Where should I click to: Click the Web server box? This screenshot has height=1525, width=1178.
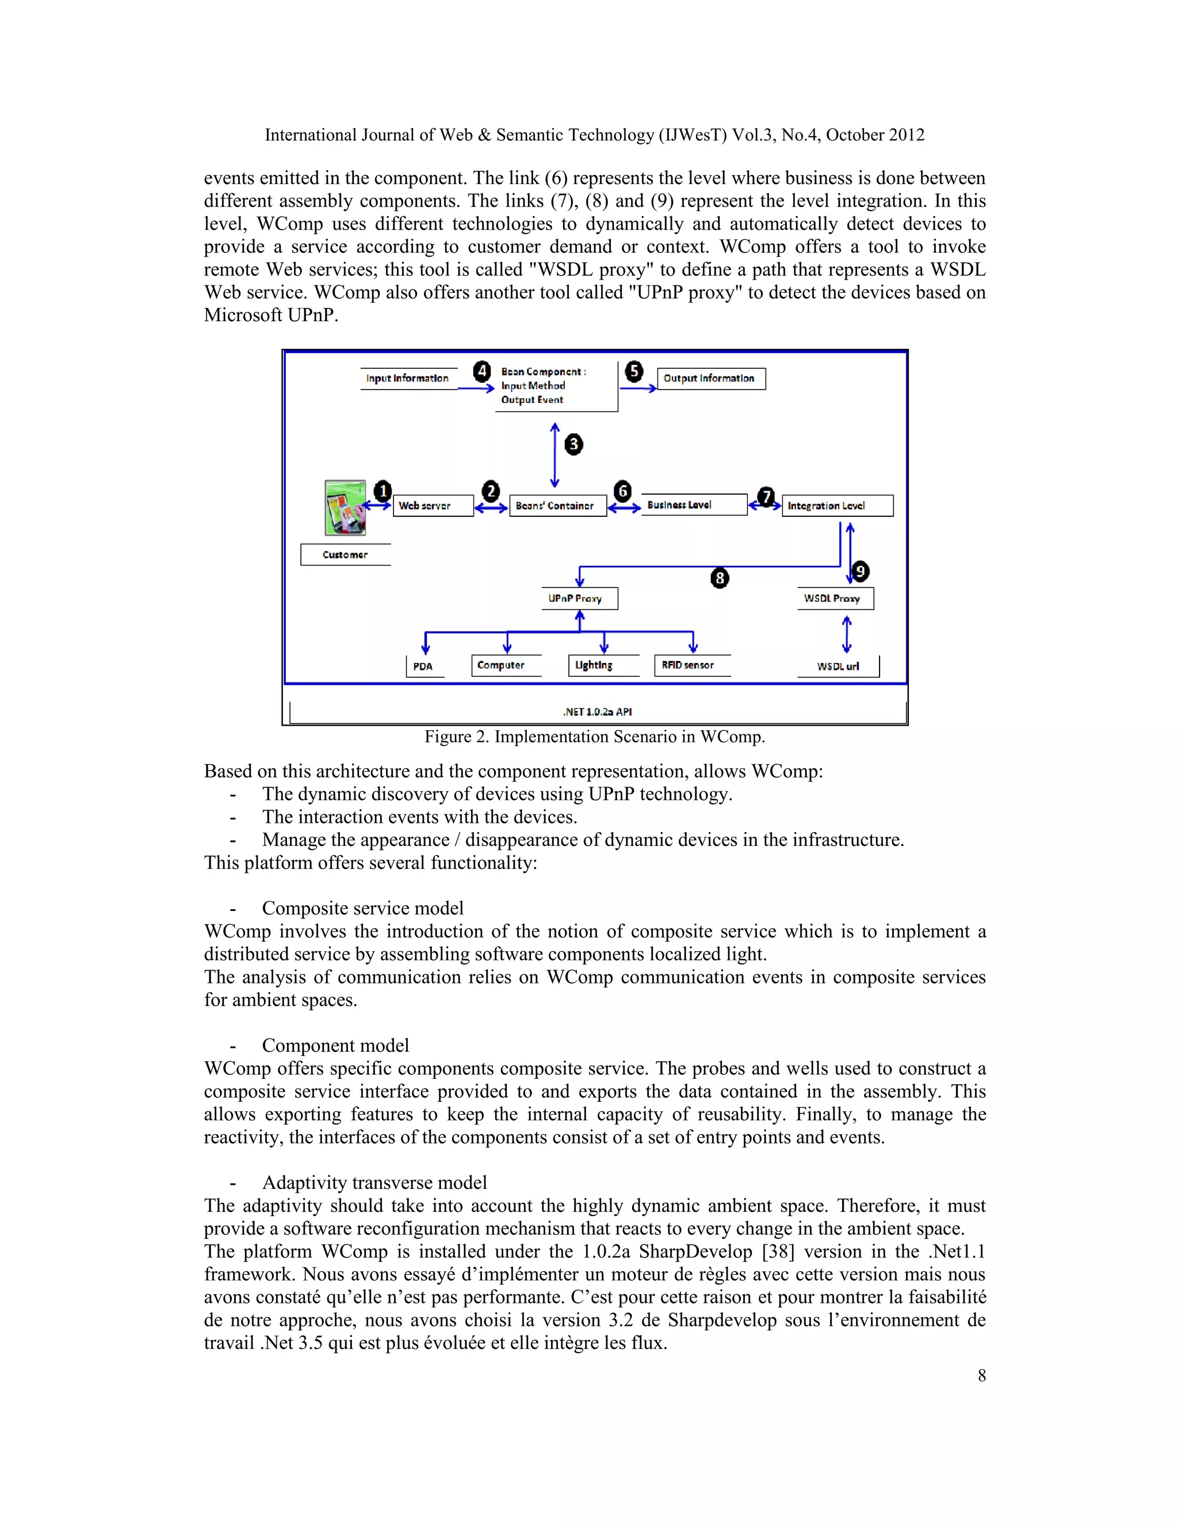click(x=433, y=505)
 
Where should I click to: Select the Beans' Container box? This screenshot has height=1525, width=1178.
click(x=557, y=505)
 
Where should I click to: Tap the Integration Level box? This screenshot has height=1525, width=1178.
click(x=837, y=505)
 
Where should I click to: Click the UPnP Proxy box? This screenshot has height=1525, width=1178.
click(x=579, y=598)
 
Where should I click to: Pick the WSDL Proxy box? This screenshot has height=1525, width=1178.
click(x=835, y=598)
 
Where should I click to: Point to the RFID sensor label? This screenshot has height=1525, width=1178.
click(x=690, y=665)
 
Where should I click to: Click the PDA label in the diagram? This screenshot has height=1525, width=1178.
click(x=423, y=666)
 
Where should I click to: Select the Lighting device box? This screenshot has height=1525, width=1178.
click(x=602, y=665)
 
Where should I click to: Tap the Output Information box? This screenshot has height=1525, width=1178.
click(x=710, y=379)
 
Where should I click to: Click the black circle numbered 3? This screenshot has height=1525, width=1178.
click(x=573, y=444)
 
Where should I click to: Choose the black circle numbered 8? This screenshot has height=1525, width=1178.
click(x=720, y=578)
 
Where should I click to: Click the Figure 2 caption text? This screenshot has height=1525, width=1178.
click(x=595, y=737)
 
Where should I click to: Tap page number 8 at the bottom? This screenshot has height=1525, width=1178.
click(x=981, y=1375)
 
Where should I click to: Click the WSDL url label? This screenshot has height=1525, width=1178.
click(x=837, y=666)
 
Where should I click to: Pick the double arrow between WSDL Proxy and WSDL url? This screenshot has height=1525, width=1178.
click(x=847, y=634)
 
